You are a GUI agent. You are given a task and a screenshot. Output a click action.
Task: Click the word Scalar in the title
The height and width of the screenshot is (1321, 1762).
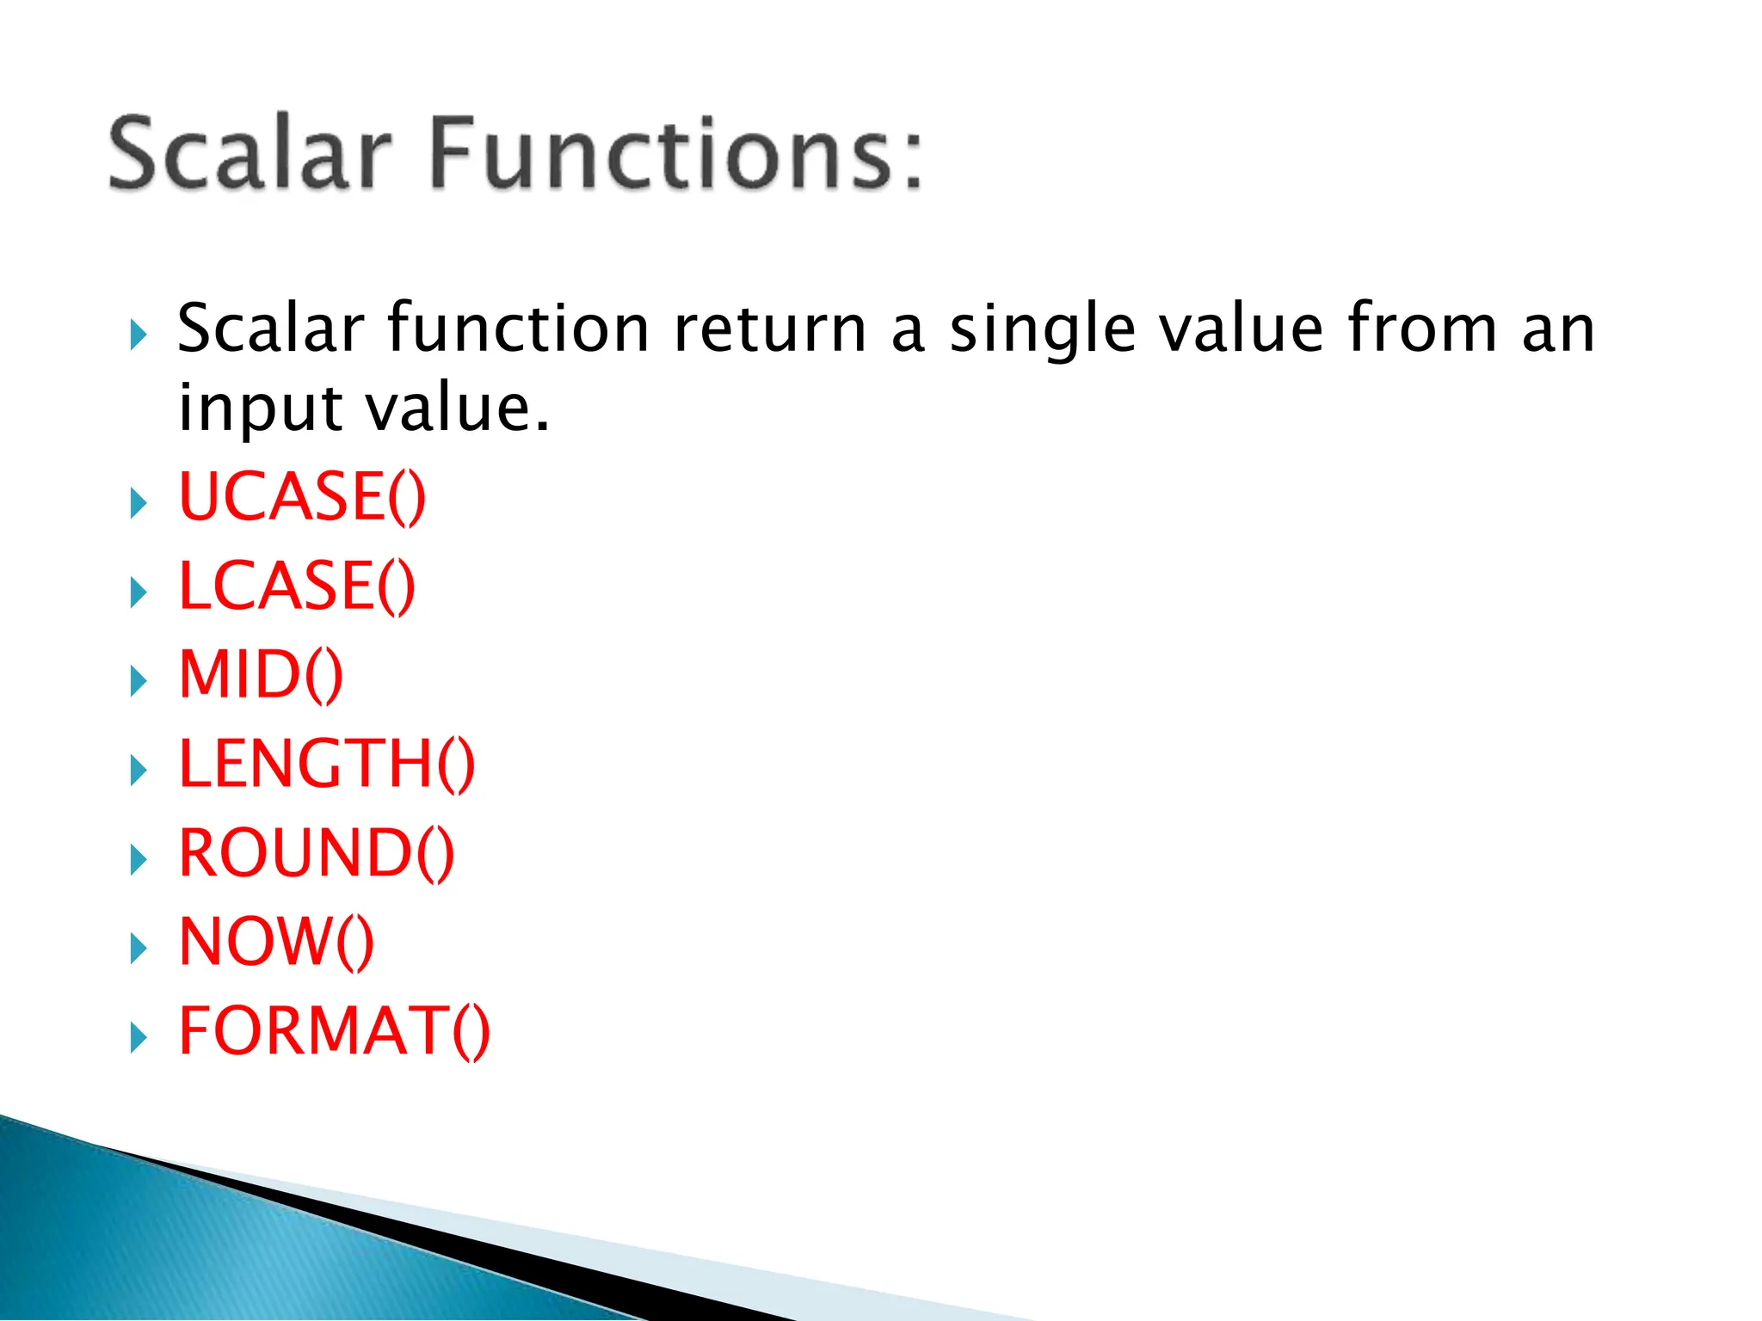(250, 155)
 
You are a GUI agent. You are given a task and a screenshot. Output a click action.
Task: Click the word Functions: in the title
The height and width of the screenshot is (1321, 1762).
(675, 155)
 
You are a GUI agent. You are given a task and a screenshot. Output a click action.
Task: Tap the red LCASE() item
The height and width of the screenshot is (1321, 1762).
(297, 587)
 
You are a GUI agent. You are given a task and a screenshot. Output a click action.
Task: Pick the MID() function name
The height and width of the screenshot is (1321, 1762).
(261, 675)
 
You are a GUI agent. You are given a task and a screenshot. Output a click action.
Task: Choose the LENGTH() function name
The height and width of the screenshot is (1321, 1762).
(326, 765)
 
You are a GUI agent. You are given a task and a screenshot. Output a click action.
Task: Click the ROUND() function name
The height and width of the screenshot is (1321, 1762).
(316, 853)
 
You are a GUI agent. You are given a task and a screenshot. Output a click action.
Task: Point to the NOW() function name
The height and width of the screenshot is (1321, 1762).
(276, 943)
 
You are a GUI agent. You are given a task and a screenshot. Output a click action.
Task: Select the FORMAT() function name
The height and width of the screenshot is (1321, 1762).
(334, 1031)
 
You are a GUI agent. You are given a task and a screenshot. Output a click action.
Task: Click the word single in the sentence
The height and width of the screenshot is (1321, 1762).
(1042, 331)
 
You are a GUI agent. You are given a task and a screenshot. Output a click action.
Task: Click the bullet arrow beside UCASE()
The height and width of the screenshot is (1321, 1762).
(138, 503)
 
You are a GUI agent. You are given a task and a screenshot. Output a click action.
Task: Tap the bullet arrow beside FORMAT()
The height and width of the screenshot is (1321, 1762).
(138, 1038)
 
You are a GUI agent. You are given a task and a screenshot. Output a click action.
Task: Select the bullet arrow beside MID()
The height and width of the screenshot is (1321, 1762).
(138, 681)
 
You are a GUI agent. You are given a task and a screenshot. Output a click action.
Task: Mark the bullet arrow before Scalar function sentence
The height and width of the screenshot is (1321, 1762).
(138, 335)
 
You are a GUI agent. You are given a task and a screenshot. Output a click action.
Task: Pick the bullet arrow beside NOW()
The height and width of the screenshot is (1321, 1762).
(138, 949)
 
